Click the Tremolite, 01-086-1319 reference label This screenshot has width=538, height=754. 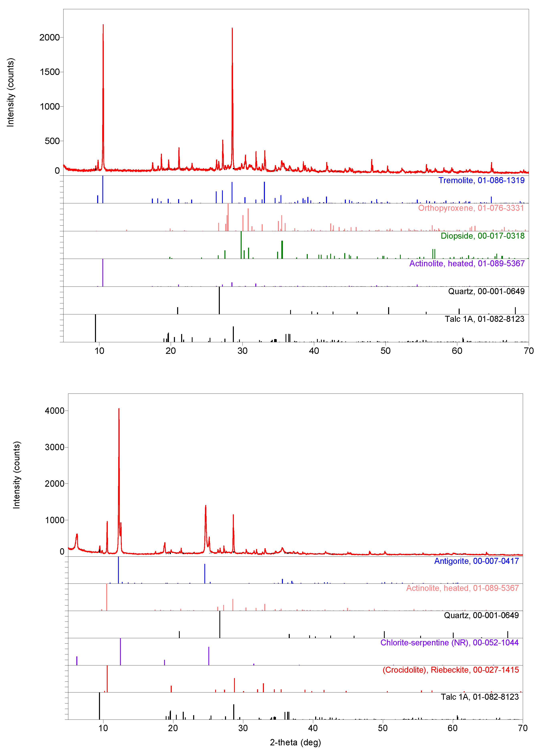click(481, 181)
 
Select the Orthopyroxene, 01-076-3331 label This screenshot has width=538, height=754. click(471, 208)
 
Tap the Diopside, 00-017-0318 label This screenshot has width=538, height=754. click(482, 236)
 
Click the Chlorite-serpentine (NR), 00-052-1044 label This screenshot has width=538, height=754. click(449, 642)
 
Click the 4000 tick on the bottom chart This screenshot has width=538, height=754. click(55, 411)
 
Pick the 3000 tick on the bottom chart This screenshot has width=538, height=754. click(55, 447)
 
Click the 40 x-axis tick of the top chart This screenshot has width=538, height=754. click(314, 351)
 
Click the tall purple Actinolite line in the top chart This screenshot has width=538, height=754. click(103, 273)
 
